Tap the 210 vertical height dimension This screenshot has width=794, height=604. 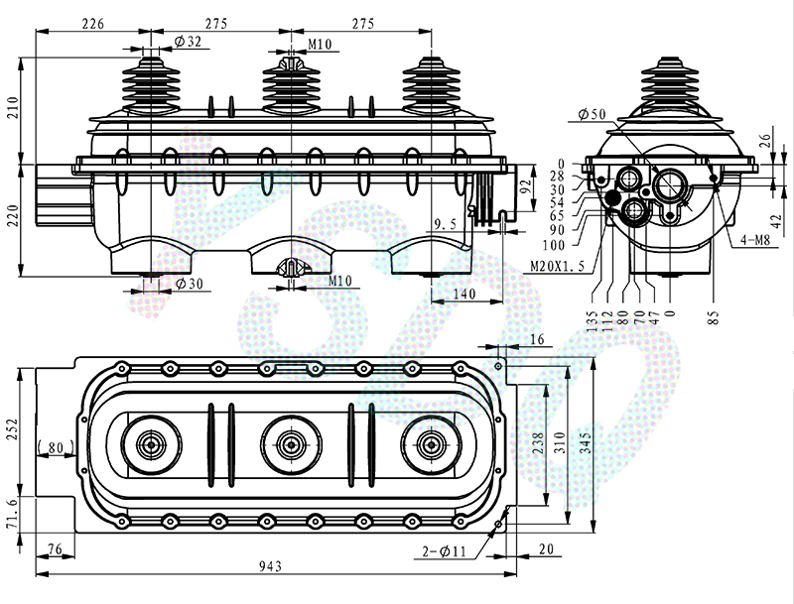coord(13,108)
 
